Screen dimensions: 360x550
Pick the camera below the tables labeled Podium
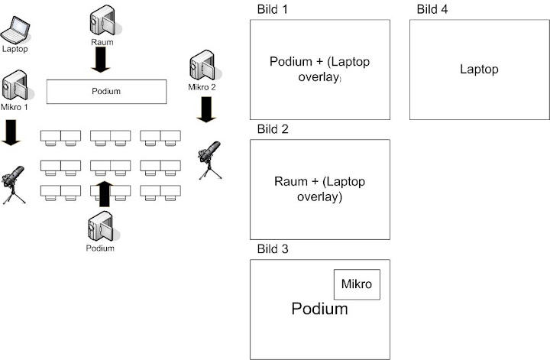click(x=101, y=225)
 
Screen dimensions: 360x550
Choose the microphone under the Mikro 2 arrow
click(x=209, y=159)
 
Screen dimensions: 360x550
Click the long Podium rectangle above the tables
click(x=106, y=91)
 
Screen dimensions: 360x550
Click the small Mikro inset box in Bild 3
click(x=357, y=284)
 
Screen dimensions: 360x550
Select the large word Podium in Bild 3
click(x=319, y=309)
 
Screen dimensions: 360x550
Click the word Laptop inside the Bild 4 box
click(x=479, y=70)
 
